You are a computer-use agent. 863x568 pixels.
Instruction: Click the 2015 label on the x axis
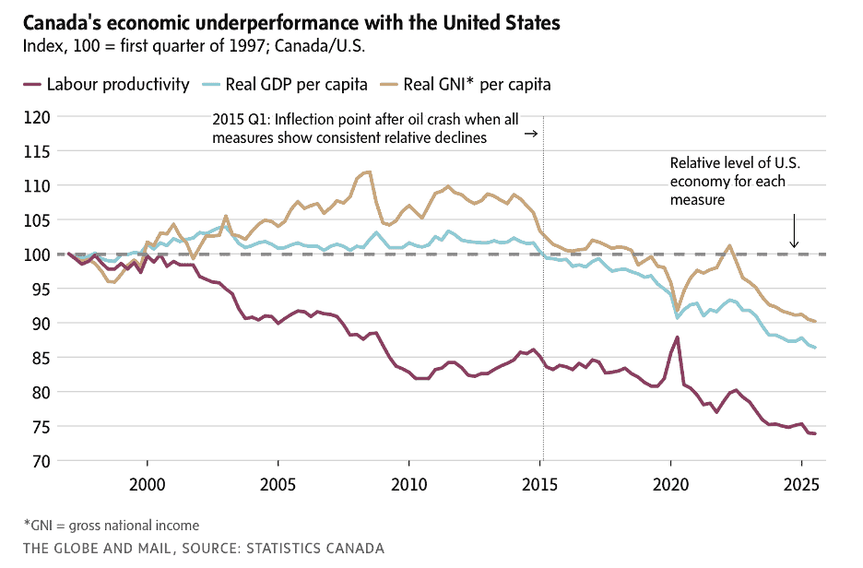click(542, 483)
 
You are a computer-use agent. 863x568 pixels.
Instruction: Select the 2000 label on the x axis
click(148, 483)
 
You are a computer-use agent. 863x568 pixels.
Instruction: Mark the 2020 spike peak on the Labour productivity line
click(678, 337)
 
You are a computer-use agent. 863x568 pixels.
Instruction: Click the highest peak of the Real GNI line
click(369, 172)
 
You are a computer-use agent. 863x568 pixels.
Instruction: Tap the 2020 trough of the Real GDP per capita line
click(678, 317)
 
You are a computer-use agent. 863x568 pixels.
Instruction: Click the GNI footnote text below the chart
click(111, 526)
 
